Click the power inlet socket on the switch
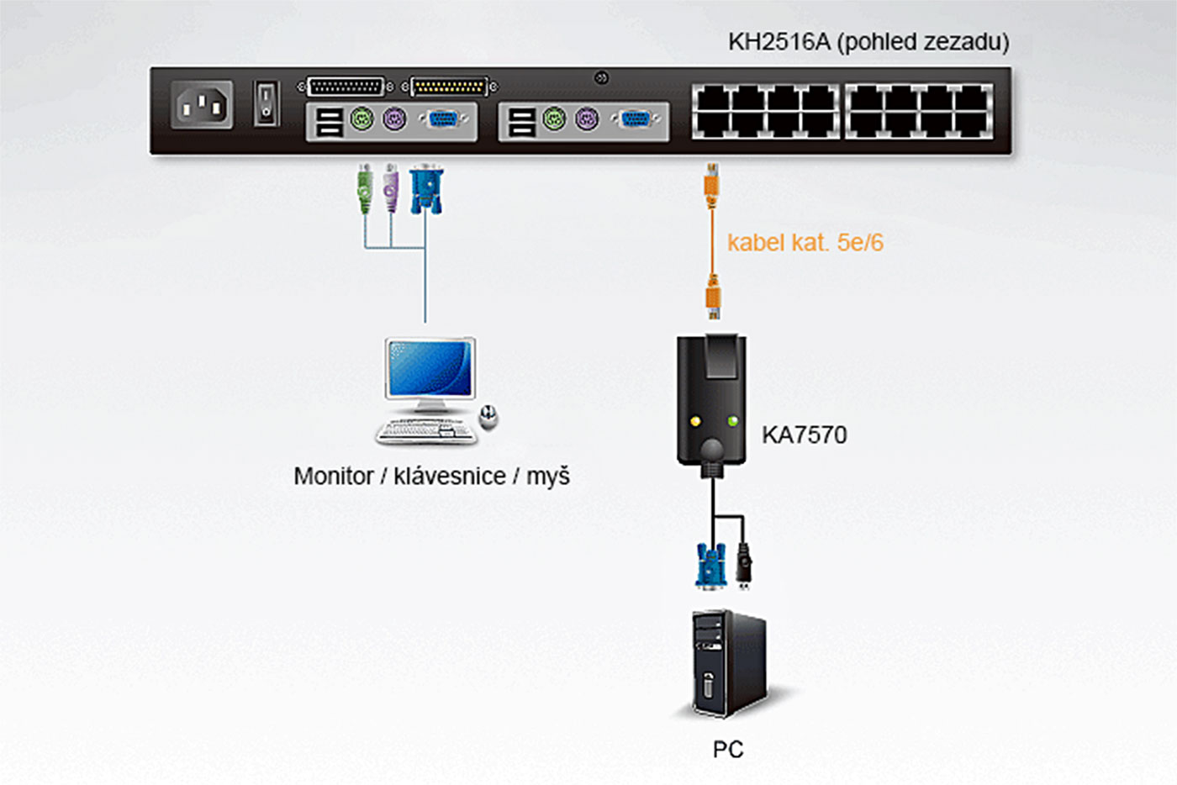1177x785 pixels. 202,105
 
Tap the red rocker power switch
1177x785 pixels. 267,103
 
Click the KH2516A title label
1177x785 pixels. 868,42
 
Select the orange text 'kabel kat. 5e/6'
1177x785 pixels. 805,243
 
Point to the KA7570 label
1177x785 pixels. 804,435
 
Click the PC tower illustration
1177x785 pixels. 728,664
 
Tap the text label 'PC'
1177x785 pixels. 727,749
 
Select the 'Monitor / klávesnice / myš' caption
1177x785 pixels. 431,476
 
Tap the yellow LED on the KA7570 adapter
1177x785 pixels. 694,420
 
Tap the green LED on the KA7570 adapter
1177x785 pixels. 733,420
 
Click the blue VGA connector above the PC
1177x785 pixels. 710,565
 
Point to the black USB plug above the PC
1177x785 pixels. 743,565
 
